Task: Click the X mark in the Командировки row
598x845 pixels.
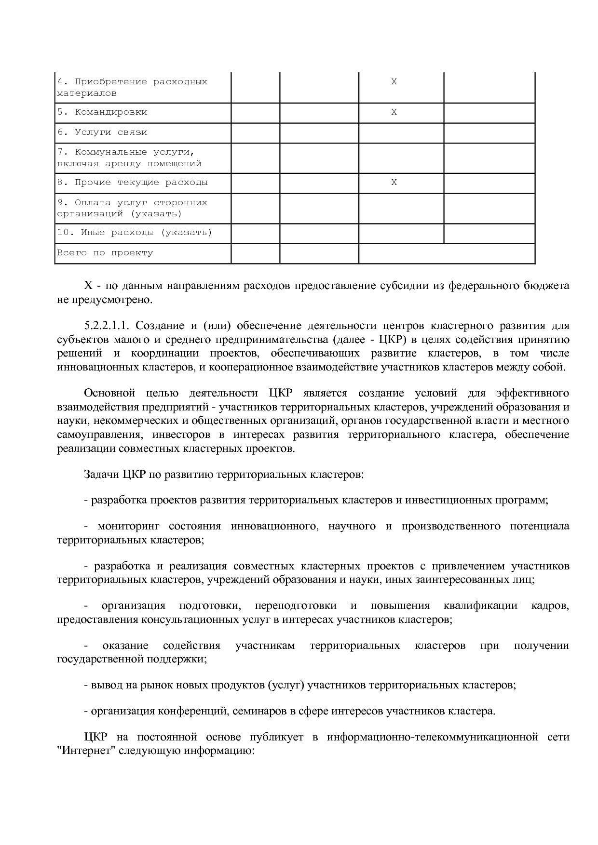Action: pos(394,112)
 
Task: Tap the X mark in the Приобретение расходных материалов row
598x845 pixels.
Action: pos(394,82)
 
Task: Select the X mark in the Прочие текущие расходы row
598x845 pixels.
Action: pos(394,183)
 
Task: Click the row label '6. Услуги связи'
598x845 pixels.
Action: pos(102,132)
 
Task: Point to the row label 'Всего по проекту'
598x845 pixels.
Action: pos(105,253)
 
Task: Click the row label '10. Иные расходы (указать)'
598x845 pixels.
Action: pos(135,233)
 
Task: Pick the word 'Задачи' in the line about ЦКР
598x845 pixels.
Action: pos(101,475)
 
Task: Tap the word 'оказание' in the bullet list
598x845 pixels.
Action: pos(125,646)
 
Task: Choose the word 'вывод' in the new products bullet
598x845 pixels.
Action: pos(106,685)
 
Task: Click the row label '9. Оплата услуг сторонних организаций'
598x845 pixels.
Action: pos(132,208)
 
